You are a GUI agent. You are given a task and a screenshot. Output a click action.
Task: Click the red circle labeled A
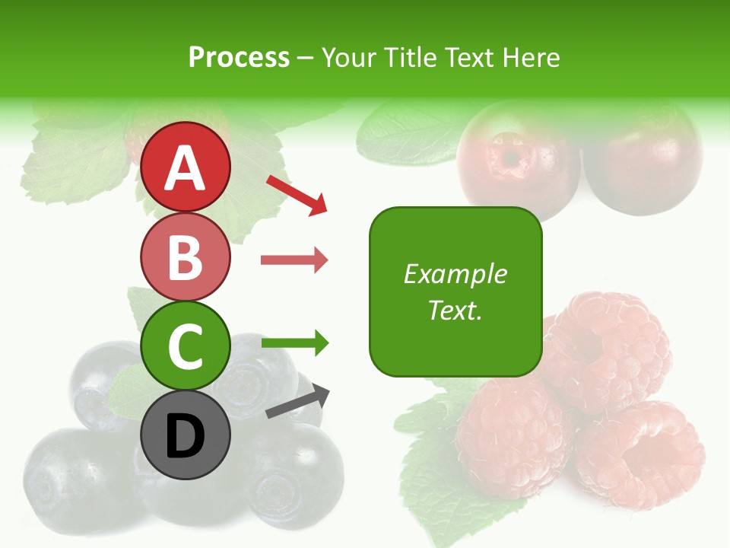point(186,167)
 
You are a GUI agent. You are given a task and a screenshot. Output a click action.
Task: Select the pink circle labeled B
point(186,256)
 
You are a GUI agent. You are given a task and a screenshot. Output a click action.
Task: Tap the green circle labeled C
point(186,346)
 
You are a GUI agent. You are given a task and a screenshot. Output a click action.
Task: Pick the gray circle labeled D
point(186,435)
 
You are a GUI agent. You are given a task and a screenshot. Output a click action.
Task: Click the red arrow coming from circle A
point(297,195)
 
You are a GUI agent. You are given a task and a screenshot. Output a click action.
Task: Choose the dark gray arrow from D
point(297,402)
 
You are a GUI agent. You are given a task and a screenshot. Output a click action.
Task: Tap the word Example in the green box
point(455,274)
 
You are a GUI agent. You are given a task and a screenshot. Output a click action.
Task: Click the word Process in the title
point(239,57)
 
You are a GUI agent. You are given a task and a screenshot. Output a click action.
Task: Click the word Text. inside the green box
point(455,310)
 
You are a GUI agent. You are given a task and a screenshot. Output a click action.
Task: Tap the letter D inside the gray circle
point(186,437)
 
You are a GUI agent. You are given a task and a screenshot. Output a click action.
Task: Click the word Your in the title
point(349,57)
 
